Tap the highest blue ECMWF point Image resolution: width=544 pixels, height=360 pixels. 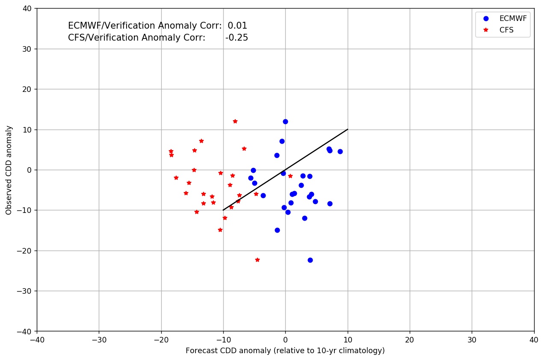[x=285, y=121]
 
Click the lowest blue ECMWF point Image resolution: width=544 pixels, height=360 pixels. [x=310, y=260]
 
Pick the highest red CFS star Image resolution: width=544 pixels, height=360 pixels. [x=235, y=121]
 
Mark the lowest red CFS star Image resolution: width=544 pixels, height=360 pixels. [x=257, y=260]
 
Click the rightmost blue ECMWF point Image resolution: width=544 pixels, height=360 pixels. [x=340, y=151]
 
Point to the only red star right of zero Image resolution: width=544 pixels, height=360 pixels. [x=290, y=176]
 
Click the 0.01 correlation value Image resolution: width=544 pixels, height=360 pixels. [x=237, y=26]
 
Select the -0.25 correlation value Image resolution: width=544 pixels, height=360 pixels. [x=237, y=38]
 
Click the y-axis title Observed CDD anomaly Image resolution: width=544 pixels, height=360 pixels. [x=9, y=170]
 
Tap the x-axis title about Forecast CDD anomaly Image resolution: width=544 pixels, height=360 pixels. [x=285, y=351]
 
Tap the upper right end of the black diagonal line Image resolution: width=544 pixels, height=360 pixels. [x=348, y=129]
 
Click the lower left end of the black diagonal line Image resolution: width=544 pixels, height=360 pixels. [x=223, y=210]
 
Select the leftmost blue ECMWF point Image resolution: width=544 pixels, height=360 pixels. [x=251, y=178]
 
